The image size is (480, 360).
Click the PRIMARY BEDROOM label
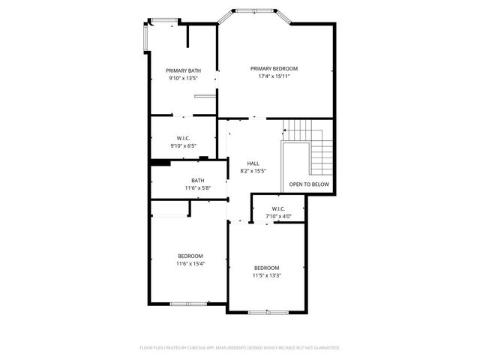[x=274, y=68]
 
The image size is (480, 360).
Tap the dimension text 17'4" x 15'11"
[x=274, y=76]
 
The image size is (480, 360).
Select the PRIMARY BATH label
[x=183, y=70]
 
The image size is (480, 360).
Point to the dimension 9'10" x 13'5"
[x=183, y=78]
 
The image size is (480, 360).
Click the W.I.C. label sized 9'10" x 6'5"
[x=183, y=138]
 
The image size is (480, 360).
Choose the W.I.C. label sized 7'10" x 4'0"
[x=278, y=208]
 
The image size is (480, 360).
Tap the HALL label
[x=253, y=163]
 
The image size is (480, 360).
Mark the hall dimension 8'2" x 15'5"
[x=253, y=171]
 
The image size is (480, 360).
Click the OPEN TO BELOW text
[x=308, y=184]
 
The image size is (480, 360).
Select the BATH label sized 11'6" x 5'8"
[x=197, y=180]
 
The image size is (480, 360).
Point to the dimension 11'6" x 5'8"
[x=197, y=187]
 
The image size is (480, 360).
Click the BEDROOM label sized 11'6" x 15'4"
[x=190, y=256]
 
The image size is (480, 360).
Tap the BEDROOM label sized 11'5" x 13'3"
[x=266, y=268]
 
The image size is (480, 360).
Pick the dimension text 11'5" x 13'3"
[x=266, y=275]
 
